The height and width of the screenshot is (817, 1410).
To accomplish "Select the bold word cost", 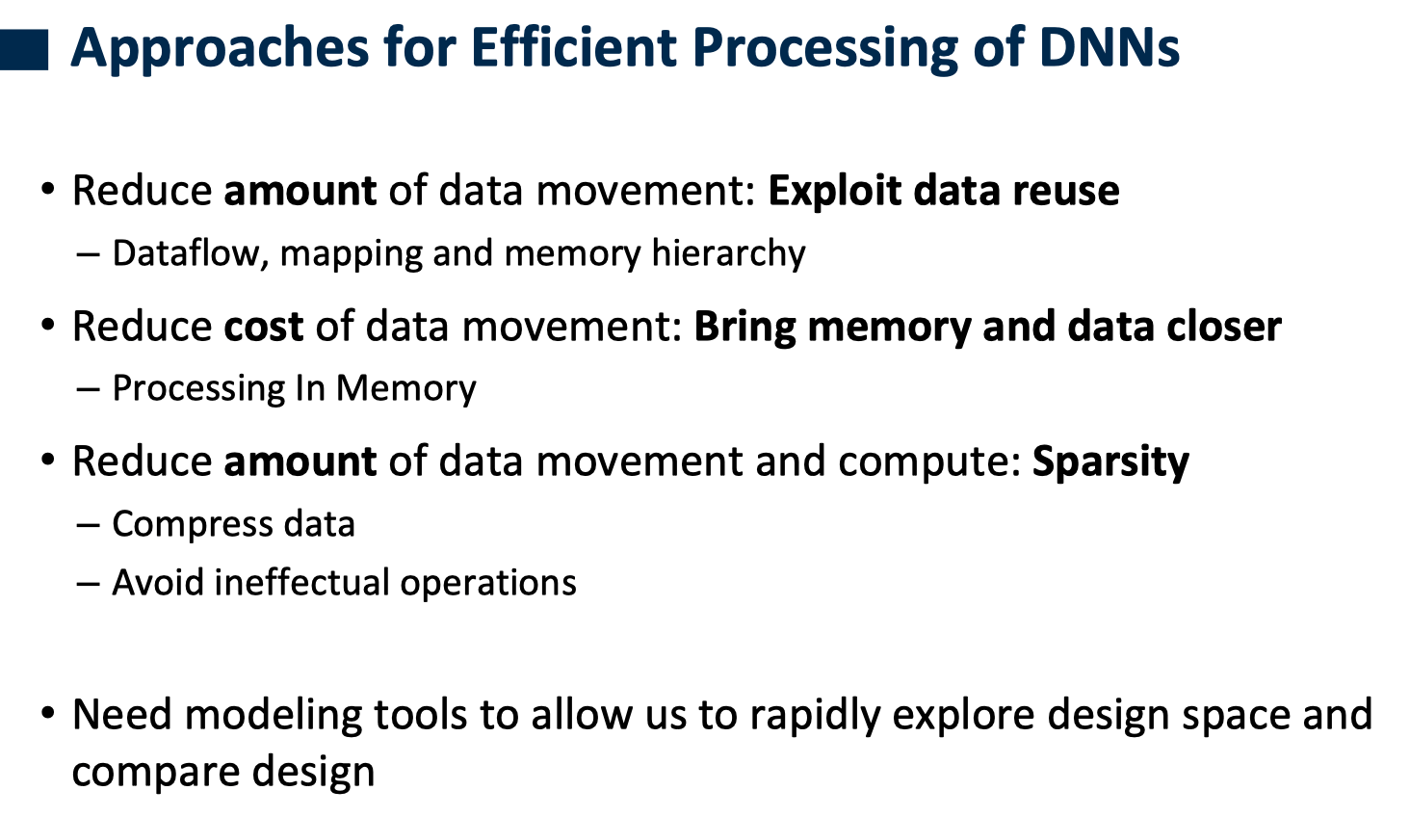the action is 263,327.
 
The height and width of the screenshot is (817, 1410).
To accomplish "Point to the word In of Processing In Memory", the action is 310,388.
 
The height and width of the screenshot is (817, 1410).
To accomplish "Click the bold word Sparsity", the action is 1110,461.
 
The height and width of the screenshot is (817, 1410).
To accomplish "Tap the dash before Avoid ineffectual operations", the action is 88,584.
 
